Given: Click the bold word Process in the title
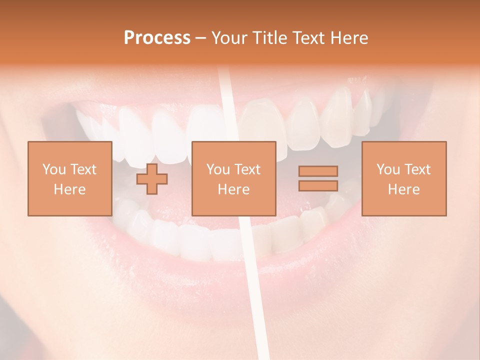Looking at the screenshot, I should pyautogui.click(x=157, y=38).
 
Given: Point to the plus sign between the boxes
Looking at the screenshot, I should pyautogui.click(x=152, y=178).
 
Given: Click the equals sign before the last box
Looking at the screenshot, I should pyautogui.click(x=318, y=178).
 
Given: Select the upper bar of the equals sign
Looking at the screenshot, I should pyautogui.click(x=318, y=171).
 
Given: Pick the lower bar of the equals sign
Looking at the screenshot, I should pyautogui.click(x=318, y=186).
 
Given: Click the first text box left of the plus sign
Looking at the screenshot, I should pyautogui.click(x=69, y=178).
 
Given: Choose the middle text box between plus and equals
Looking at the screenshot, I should pyautogui.click(x=233, y=178).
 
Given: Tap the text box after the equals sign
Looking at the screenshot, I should pyautogui.click(x=403, y=178).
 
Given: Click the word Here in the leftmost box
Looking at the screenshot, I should pyautogui.click(x=69, y=189).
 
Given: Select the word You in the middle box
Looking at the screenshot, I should pyautogui.click(x=218, y=169).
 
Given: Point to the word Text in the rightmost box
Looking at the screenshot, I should pyautogui.click(x=417, y=169).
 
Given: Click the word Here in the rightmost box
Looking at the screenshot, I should pyautogui.click(x=403, y=189).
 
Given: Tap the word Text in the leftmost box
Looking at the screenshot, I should pyautogui.click(x=83, y=169).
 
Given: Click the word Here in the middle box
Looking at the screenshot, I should pyautogui.click(x=233, y=189).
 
